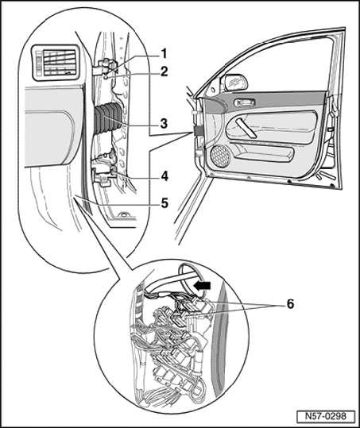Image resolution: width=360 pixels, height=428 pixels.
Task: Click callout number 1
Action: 164,54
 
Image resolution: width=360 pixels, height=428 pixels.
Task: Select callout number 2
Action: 164,71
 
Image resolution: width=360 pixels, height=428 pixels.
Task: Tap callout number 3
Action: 164,123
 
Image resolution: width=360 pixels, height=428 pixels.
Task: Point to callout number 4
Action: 165,176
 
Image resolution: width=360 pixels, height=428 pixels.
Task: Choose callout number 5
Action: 165,203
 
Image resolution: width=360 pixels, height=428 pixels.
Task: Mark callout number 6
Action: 290,303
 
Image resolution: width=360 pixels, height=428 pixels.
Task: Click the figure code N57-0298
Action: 326,416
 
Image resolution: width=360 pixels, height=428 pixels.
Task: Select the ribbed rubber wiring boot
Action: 108,119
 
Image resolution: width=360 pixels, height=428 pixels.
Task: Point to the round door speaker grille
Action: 220,156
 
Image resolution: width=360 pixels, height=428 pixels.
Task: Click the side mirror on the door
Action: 235,82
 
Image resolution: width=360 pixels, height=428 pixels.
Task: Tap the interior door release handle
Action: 245,102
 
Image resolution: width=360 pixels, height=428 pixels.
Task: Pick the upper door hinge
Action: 106,67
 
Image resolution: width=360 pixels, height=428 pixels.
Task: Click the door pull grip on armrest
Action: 246,129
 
